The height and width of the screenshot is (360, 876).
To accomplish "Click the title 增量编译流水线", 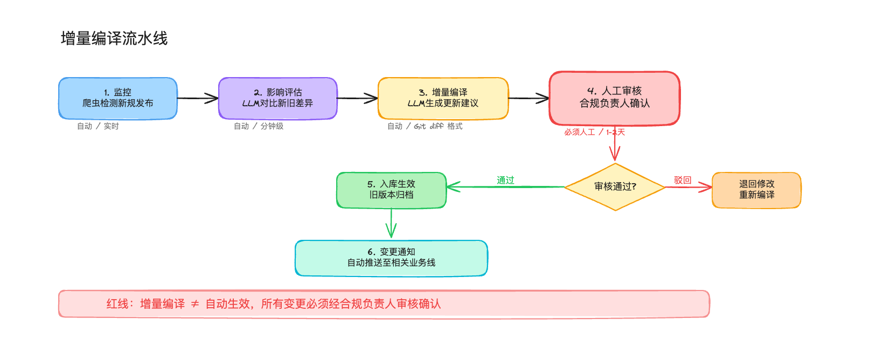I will point(114,39).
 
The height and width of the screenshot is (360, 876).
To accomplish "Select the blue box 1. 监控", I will point(118,98).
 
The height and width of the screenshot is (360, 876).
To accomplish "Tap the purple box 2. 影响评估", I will point(277,98).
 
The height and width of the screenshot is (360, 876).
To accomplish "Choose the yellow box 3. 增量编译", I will point(443,98).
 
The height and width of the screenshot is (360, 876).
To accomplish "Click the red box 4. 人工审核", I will point(614,98).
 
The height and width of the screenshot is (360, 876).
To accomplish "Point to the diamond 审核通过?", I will point(615,186).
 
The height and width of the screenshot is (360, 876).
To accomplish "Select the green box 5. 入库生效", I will point(392,190).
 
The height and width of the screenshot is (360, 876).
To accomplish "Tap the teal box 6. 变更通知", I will point(391,258).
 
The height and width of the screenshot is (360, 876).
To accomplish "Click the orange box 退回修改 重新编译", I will point(756,190).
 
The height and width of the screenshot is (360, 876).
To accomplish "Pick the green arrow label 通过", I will point(505,181).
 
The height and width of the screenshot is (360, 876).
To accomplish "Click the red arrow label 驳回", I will point(683,181).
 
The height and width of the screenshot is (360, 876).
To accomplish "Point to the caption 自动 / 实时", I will point(98,126).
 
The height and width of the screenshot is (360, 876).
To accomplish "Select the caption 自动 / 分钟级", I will point(259,126).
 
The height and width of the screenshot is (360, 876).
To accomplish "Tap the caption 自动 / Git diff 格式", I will point(425,126).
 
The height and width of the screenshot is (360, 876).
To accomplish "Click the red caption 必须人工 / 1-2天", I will point(594,132).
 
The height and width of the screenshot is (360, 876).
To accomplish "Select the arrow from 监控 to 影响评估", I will point(198,98).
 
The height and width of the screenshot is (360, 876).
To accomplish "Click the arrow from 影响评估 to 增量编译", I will point(357,98).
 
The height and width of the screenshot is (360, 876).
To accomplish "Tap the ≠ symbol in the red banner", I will point(195,304).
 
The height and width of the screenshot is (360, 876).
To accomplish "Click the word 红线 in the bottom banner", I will point(117,304).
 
